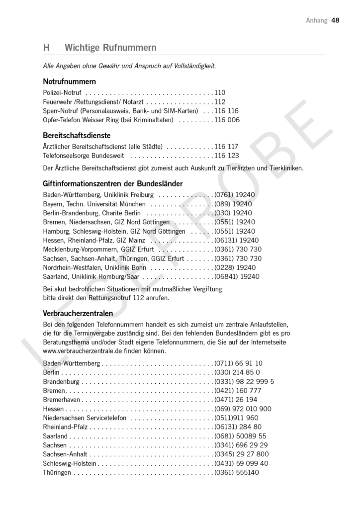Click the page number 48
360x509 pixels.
(x=335, y=20)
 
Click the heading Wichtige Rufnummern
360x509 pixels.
(x=110, y=48)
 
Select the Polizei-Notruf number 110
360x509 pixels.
(x=220, y=92)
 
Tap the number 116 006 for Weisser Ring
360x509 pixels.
(x=227, y=120)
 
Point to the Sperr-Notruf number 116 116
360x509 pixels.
(x=227, y=111)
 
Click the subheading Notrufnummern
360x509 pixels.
(x=69, y=81)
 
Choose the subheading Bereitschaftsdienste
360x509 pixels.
(x=77, y=135)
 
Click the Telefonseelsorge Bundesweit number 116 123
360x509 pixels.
(x=227, y=156)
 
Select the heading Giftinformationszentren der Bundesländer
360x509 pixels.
(x=113, y=183)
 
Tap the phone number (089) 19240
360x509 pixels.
(x=233, y=204)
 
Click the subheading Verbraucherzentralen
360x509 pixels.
(x=78, y=313)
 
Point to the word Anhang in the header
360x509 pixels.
(x=317, y=20)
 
